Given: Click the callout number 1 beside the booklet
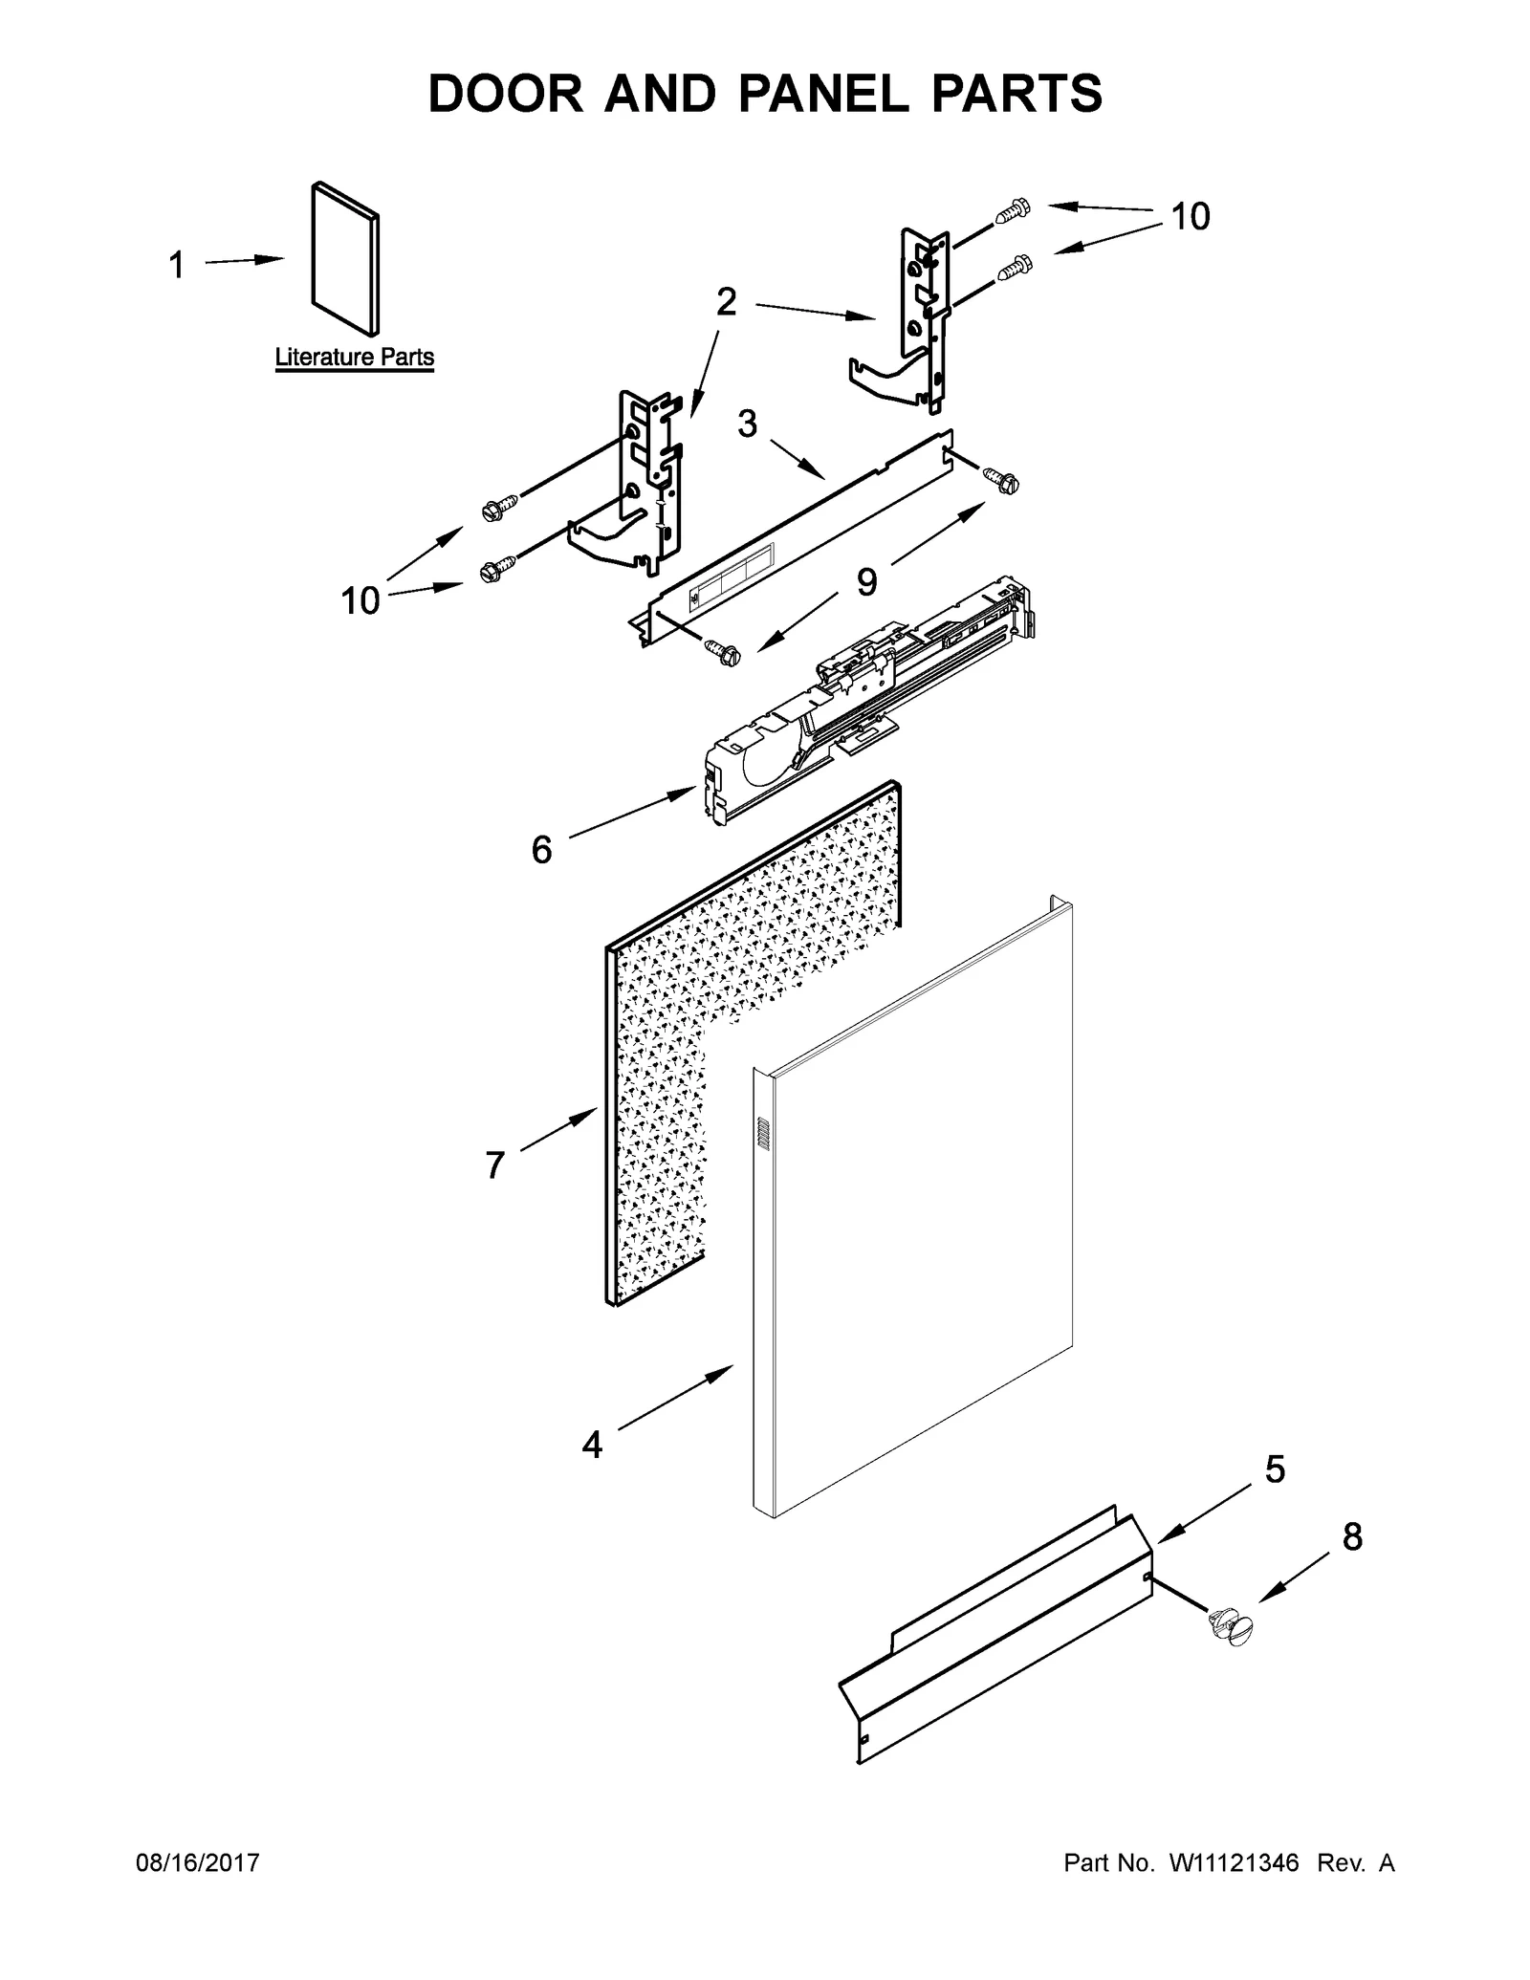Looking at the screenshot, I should pyautogui.click(x=176, y=265).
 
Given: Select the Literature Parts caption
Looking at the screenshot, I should pyautogui.click(x=354, y=358).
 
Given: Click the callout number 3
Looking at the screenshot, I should pyautogui.click(x=747, y=424).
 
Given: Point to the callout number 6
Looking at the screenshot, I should pyautogui.click(x=541, y=849).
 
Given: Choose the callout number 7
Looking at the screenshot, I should pyautogui.click(x=494, y=1165).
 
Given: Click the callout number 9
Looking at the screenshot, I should pyautogui.click(x=866, y=581).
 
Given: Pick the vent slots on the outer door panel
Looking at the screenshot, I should pyautogui.click(x=763, y=1133).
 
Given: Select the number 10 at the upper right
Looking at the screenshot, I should pyautogui.click(x=1191, y=217).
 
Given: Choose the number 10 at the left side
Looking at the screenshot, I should pyautogui.click(x=361, y=601).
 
